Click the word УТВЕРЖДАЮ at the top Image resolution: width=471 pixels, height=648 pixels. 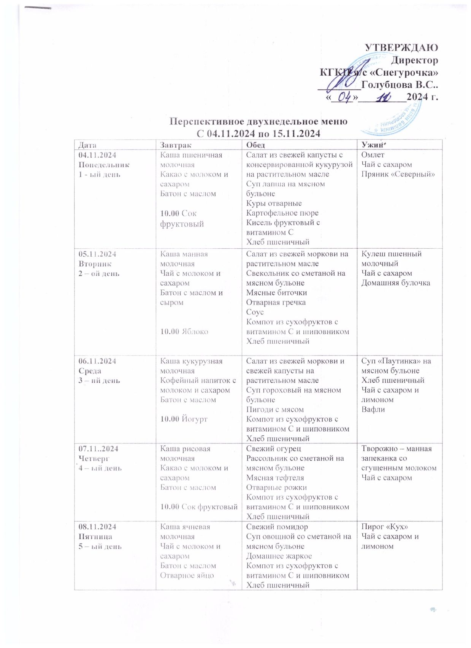tap(401, 48)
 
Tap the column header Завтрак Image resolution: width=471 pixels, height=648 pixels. tap(176, 145)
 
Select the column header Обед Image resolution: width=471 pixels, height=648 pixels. tap(255, 145)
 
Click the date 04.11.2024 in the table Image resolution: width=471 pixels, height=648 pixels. tap(97, 155)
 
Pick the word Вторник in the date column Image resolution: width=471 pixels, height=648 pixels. tap(95, 264)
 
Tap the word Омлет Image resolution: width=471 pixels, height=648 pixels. tap(373, 155)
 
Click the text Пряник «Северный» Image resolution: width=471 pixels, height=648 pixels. tap(398, 174)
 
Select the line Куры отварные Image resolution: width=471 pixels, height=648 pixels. tap(274, 203)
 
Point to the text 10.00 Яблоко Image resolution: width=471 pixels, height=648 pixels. tap(184, 332)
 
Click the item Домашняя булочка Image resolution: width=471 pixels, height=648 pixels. tap(396, 283)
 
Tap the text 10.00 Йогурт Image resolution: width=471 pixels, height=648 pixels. tap(184, 419)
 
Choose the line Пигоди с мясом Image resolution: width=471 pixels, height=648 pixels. tap(275, 410)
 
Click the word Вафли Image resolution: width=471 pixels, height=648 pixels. tap(373, 410)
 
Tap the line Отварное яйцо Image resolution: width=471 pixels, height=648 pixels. tap(187, 575)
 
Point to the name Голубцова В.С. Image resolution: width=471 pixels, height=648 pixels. tap(400, 84)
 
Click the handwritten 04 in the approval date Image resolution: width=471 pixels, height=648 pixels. tap(344, 97)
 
